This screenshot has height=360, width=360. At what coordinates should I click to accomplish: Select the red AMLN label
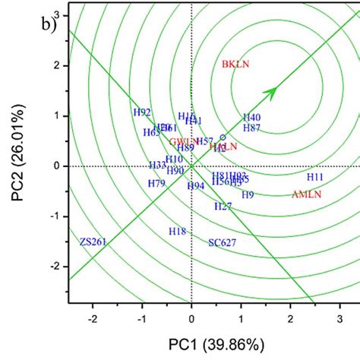click(308, 194)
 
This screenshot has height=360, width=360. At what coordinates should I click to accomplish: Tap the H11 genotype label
click(316, 177)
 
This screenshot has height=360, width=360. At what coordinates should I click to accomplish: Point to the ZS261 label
click(93, 242)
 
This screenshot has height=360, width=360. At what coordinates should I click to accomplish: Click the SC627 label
click(223, 243)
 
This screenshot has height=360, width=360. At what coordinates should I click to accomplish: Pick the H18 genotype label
click(177, 231)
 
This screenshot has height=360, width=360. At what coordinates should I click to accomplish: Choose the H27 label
click(223, 207)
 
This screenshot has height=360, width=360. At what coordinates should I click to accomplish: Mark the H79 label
click(156, 184)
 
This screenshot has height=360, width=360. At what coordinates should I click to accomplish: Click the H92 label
click(142, 112)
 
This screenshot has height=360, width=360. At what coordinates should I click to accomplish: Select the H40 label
click(251, 118)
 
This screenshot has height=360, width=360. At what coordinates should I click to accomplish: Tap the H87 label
click(251, 129)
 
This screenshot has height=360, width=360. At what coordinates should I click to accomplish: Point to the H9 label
click(248, 195)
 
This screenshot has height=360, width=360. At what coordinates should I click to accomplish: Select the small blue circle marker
click(223, 137)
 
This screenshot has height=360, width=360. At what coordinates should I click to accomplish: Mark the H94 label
click(196, 186)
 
